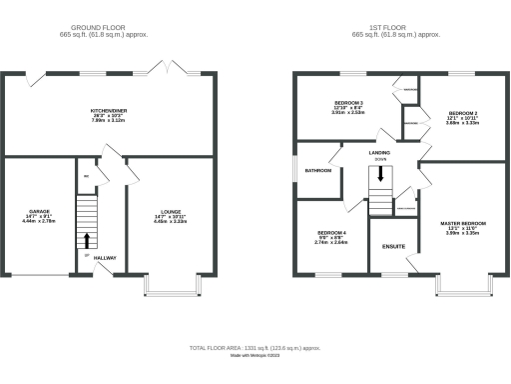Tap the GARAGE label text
(39, 212)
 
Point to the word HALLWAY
(106, 258)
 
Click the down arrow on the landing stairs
(379, 174)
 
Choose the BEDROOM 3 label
(347, 103)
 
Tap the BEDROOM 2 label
(464, 113)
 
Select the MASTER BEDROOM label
(463, 223)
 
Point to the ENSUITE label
(393, 246)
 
